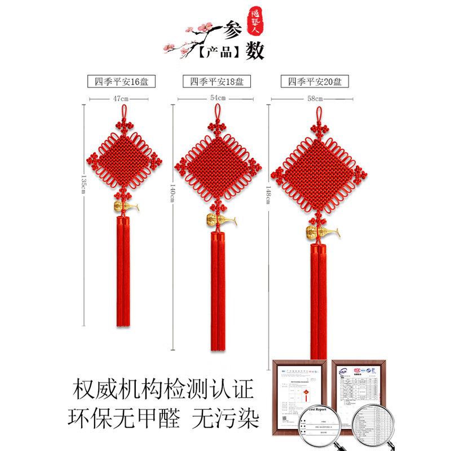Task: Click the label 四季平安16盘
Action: tap(121, 81)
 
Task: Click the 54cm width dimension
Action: tap(218, 98)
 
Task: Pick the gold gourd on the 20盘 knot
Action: tap(316, 231)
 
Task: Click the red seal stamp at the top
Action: tap(257, 16)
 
